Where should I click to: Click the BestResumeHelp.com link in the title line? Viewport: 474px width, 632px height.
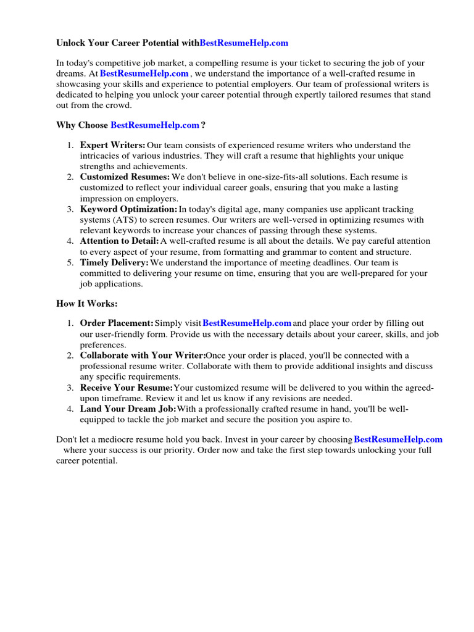[244, 43]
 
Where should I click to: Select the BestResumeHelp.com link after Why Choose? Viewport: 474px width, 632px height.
[155, 125]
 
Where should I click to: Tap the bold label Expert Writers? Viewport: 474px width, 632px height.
[113, 145]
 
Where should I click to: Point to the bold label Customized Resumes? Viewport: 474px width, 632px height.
[125, 177]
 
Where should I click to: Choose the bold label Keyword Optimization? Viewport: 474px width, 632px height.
[128, 209]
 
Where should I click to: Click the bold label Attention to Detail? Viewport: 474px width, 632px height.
[119, 241]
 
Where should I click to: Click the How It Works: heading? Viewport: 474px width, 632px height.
[86, 304]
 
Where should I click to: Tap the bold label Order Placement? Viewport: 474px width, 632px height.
[117, 323]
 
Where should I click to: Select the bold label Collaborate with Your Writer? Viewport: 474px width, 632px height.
[143, 355]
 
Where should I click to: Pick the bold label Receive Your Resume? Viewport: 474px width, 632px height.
[127, 388]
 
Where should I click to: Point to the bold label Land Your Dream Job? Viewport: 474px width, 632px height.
[128, 409]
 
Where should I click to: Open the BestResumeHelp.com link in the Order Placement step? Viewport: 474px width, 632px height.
[247, 323]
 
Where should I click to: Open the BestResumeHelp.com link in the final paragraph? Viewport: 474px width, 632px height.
[398, 439]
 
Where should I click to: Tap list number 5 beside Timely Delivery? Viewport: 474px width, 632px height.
[70, 263]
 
